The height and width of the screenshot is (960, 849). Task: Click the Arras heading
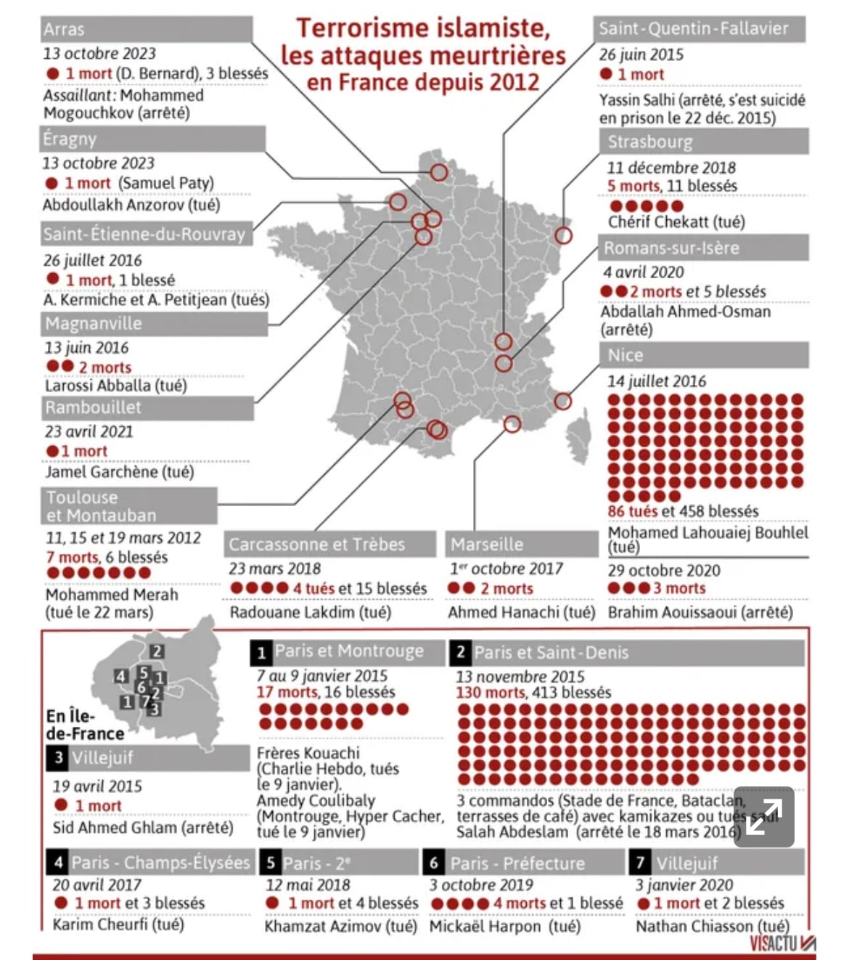pos(64,30)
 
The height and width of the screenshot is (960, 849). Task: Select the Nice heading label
pos(626,355)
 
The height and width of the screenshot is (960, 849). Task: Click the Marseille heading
pos(487,544)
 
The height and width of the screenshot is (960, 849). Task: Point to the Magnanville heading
pos(94,324)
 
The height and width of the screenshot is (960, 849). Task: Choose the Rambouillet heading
pos(93,407)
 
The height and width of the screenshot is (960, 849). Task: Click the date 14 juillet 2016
pos(656,381)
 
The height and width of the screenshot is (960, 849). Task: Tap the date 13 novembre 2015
pos(520,676)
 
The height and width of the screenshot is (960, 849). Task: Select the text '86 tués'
pos(632,511)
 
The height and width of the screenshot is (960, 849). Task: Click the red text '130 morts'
pos(490,693)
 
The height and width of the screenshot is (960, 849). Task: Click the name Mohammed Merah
pos(112,595)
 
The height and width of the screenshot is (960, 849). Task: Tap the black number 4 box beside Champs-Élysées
pos(58,863)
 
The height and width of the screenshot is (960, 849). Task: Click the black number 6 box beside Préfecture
pos(434,863)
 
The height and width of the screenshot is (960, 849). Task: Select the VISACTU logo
pos(782,943)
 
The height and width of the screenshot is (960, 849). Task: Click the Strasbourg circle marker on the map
pos(563,235)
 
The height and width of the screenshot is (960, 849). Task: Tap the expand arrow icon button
pos(763,816)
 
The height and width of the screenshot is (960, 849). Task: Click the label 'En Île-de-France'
pos(84,725)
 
